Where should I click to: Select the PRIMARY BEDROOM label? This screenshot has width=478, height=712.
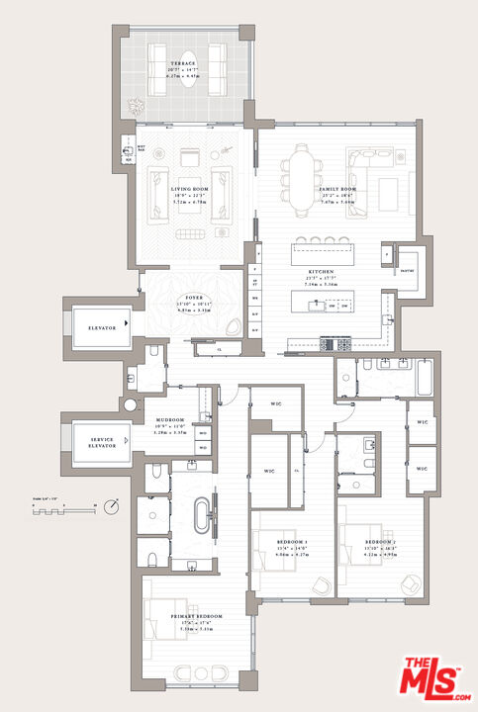tap(195, 615)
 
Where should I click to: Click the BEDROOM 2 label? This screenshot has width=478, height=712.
tap(380, 543)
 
